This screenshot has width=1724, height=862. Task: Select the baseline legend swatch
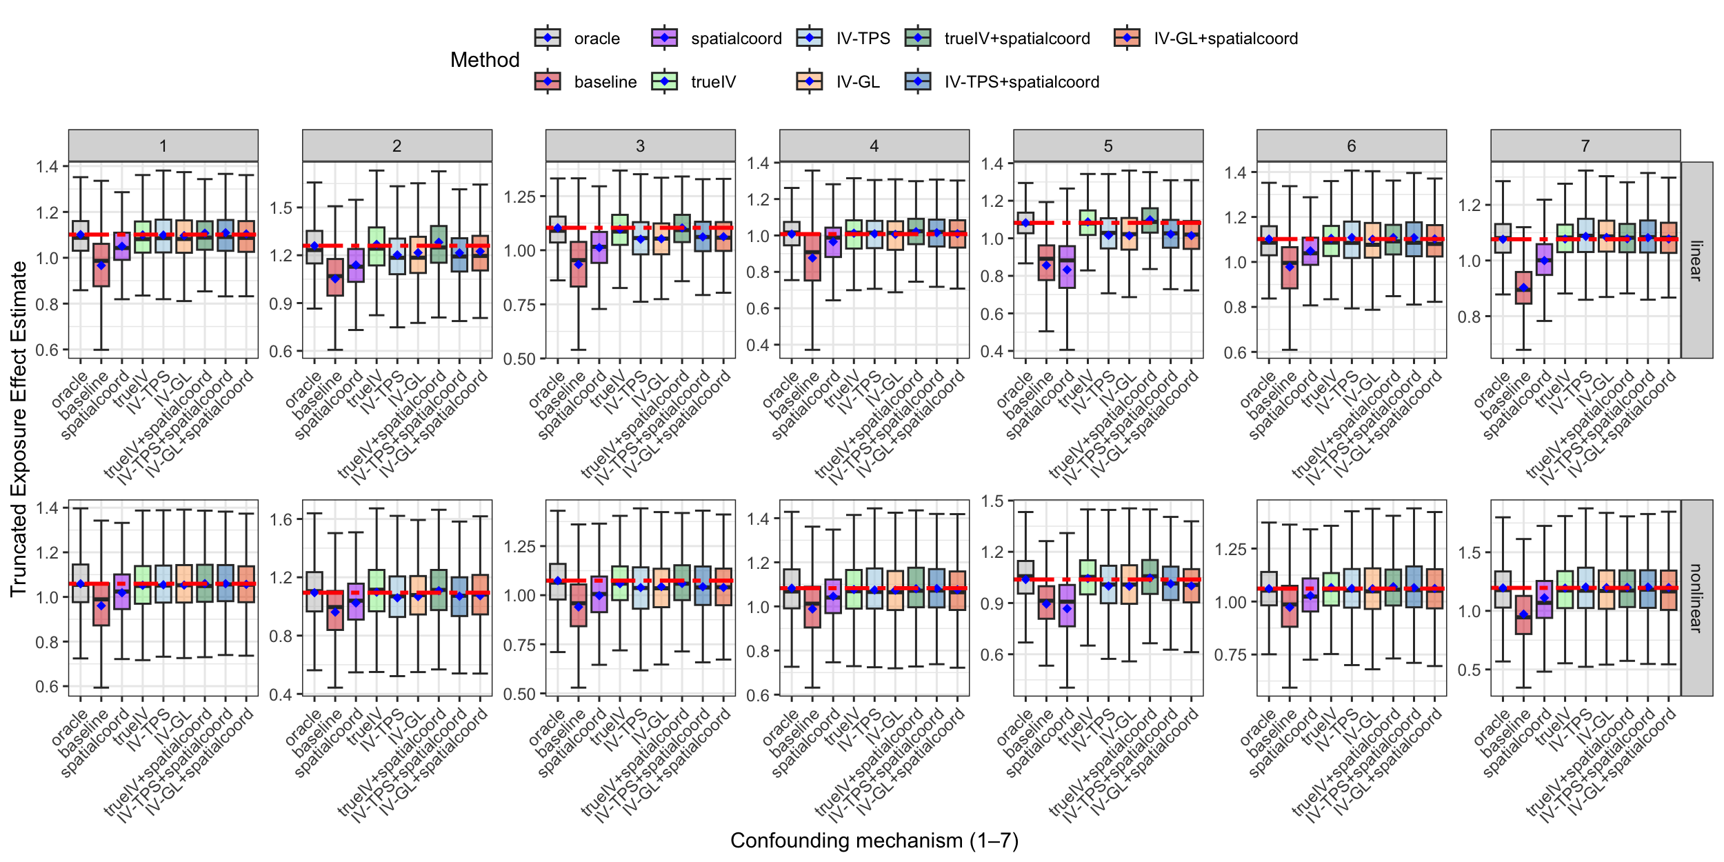click(x=548, y=82)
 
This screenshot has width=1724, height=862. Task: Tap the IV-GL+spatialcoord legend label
click(x=1225, y=39)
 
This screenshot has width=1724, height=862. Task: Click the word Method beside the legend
click(x=485, y=60)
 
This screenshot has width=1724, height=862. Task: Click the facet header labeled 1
click(x=163, y=146)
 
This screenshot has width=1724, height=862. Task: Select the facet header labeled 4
click(x=874, y=146)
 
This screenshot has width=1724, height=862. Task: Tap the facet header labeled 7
click(x=1585, y=146)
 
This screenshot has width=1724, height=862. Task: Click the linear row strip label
click(x=1696, y=260)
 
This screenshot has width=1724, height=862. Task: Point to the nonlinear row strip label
click(x=1696, y=597)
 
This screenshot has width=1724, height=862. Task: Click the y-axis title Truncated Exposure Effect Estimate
click(x=19, y=428)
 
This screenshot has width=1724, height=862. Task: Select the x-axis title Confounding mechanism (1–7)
click(x=874, y=841)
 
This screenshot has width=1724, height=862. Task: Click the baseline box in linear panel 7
click(x=1523, y=288)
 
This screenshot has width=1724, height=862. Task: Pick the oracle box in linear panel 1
click(x=80, y=236)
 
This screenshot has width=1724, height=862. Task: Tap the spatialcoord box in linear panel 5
click(x=1067, y=267)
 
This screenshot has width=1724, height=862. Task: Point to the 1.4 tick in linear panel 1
click(x=48, y=166)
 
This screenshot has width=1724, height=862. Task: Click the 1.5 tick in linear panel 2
click(x=281, y=208)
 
